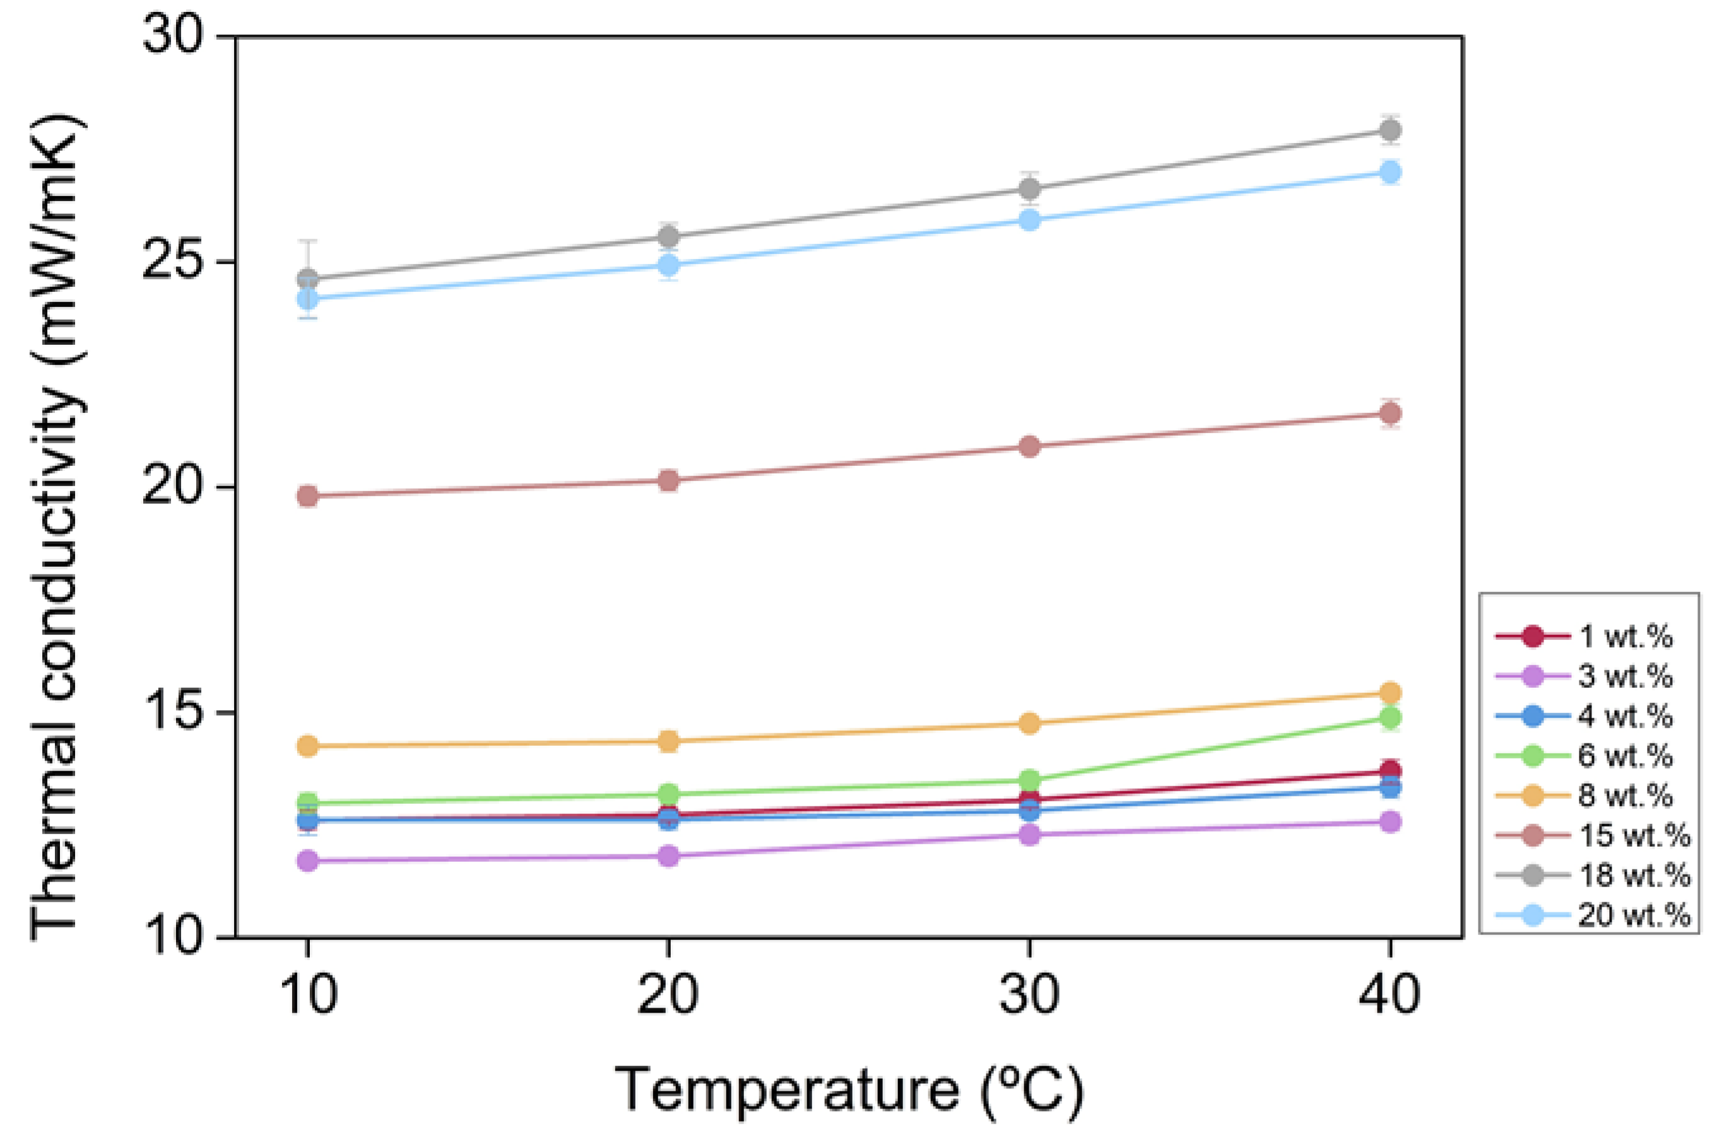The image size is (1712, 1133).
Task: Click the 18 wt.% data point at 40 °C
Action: click(1390, 130)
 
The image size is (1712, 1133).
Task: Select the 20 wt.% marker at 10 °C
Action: click(308, 298)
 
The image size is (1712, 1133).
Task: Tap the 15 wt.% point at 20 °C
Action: click(668, 480)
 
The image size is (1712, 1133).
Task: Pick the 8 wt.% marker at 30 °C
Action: click(1029, 723)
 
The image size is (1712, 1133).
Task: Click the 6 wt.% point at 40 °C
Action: click(1390, 718)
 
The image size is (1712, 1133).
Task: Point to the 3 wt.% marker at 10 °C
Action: click(308, 861)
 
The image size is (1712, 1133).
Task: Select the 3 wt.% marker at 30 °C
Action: click(1029, 835)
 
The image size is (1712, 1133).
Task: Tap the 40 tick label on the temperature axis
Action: click(1389, 995)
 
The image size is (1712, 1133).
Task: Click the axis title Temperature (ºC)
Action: click(849, 1089)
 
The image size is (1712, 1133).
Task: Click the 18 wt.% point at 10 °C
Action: click(308, 278)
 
